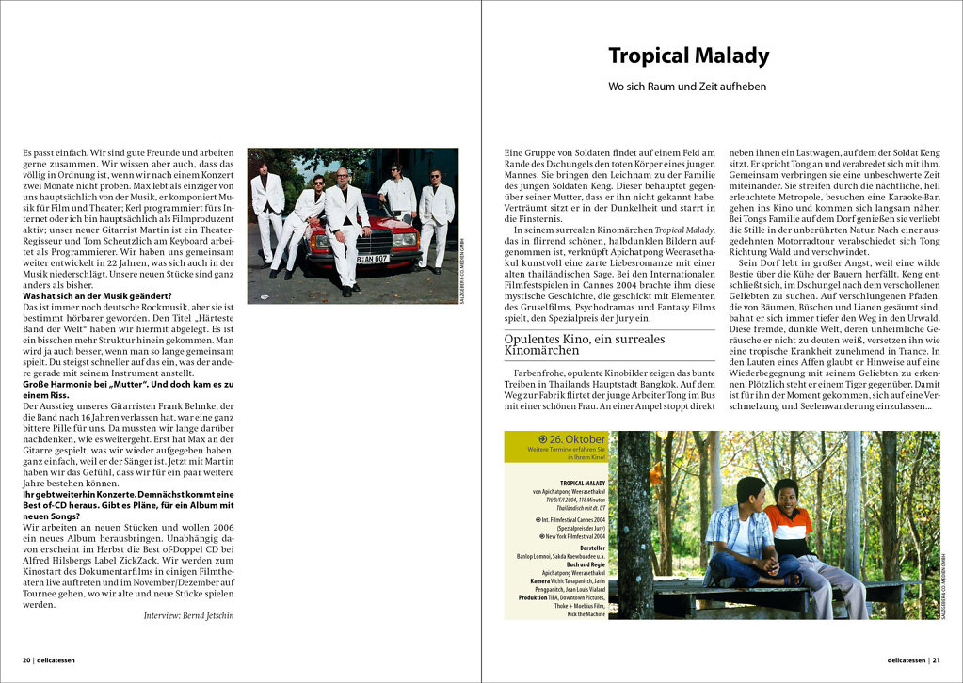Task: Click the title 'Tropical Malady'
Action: coord(688,56)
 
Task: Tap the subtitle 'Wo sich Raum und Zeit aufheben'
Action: coord(687,87)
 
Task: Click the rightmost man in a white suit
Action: coord(436,214)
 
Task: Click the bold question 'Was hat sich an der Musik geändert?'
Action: coord(97,296)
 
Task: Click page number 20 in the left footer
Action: coord(26,659)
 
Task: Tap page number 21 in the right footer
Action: coord(936,659)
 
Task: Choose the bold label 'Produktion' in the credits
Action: coord(533,596)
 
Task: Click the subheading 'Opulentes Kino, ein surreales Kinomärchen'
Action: coord(585,344)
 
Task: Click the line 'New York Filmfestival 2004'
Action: coord(573,536)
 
